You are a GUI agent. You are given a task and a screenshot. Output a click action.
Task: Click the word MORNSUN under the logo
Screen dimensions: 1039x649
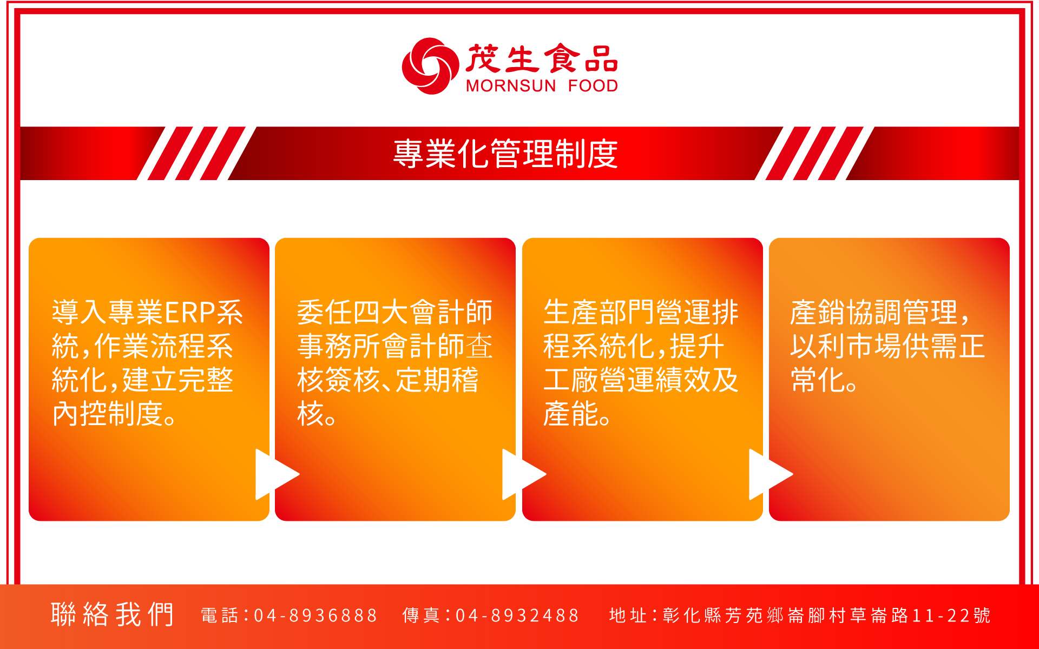point(511,86)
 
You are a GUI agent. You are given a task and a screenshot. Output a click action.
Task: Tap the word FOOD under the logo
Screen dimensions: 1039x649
point(593,86)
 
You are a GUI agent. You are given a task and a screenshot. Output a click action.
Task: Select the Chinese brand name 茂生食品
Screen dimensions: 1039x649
point(542,58)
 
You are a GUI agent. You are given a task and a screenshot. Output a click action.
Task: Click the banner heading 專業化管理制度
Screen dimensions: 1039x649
point(505,154)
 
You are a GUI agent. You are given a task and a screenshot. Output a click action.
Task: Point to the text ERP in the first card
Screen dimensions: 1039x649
point(190,313)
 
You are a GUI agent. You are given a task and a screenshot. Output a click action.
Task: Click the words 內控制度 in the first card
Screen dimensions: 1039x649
point(108,414)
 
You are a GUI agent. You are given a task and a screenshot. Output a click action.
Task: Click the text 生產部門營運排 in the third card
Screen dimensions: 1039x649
point(641,313)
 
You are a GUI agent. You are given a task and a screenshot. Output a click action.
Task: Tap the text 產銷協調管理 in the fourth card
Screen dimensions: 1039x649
point(874,313)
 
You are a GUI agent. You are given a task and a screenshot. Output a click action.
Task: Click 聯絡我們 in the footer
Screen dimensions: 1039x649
point(113,615)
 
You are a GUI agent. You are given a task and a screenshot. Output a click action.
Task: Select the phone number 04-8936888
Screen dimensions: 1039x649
point(315,615)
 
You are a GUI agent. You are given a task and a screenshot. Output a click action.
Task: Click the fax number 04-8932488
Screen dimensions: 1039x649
point(517,615)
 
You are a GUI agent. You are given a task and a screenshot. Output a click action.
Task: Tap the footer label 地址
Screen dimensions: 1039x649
point(628,615)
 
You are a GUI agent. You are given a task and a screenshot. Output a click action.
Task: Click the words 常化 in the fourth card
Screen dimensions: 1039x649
point(818,380)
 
